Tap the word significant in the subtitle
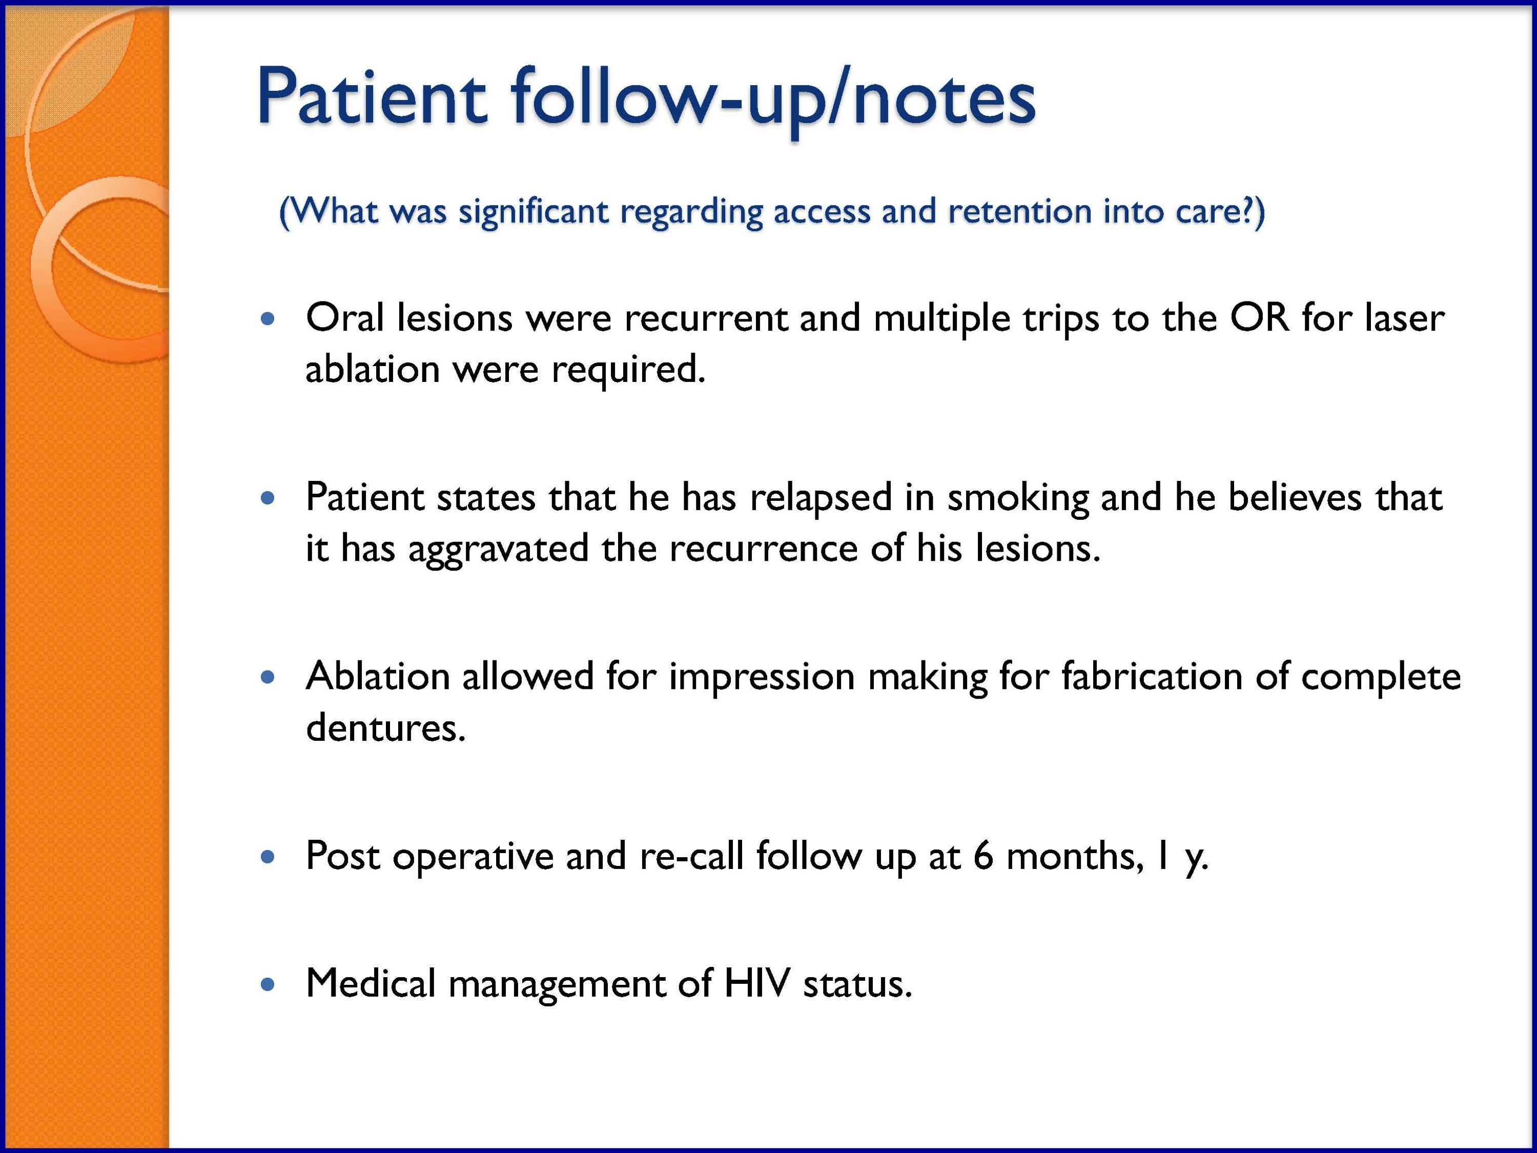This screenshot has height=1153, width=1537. tap(534, 212)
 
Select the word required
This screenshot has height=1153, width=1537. tap(628, 369)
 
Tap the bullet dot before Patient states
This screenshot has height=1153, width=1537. tap(268, 498)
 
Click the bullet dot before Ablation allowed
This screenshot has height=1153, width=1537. tap(268, 677)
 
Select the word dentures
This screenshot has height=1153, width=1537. tap(385, 727)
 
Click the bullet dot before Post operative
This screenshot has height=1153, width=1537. tap(268, 857)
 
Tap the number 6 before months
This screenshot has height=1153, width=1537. tap(983, 856)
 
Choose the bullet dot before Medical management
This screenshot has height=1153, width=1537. tap(268, 985)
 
